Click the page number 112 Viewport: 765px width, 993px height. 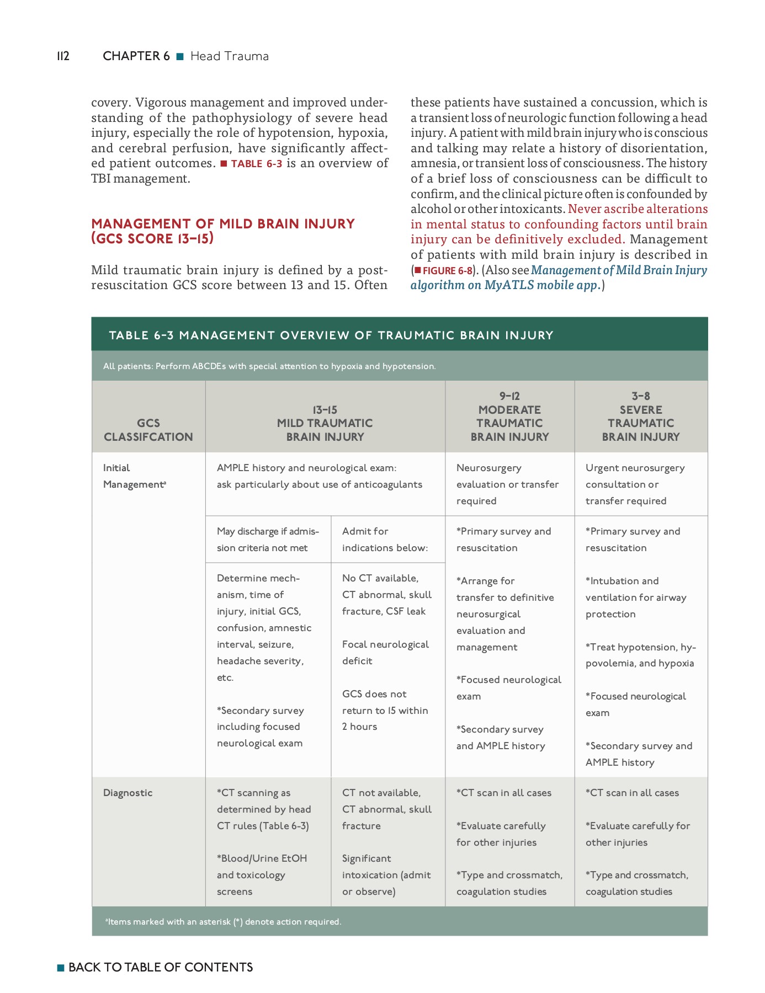pos(63,56)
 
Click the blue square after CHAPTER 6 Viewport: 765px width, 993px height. pos(179,56)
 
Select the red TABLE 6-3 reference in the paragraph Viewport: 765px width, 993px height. pos(256,164)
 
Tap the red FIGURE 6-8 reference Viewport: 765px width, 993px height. pos(447,271)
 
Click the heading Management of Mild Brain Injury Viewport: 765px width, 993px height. pos(222,231)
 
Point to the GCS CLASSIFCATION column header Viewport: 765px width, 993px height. pos(148,430)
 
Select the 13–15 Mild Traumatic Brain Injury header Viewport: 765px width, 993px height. pos(325,423)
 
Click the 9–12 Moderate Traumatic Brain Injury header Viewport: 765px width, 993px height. pos(509,417)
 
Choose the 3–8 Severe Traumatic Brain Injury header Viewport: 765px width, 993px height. pos(640,417)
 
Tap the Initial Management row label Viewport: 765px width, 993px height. pos(134,476)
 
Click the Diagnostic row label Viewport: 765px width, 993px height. pos(127,793)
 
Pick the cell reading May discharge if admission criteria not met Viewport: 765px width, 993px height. pos(268,540)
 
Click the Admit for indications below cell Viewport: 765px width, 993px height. pos(385,540)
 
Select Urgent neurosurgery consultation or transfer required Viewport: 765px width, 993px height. pos(635,484)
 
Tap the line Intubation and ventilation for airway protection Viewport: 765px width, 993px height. pos(635,597)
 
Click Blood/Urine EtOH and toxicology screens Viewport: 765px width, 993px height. pos(262,875)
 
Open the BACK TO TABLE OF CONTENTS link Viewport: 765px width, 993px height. pos(160,967)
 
